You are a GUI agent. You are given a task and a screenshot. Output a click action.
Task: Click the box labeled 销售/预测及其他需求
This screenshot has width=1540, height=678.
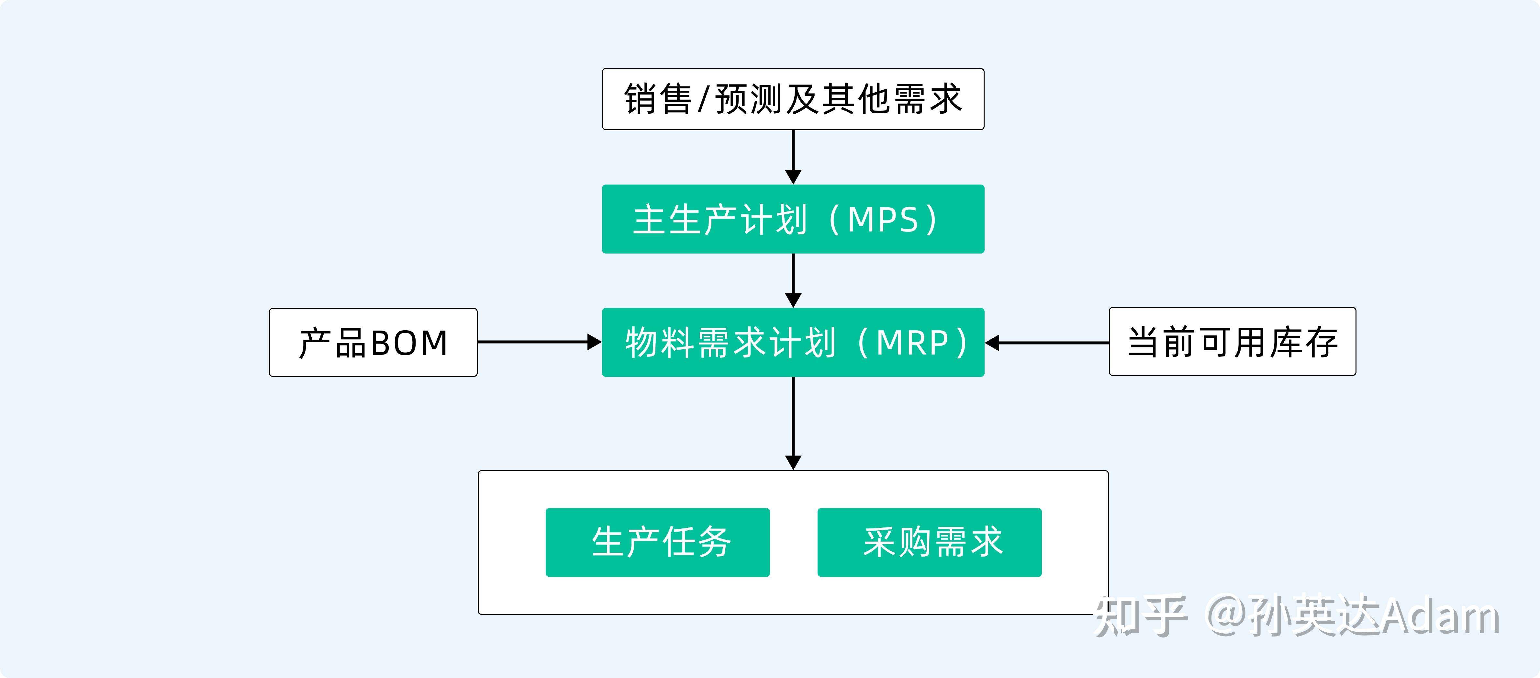point(793,99)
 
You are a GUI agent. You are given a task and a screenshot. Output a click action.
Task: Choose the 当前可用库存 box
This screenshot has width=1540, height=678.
point(1232,342)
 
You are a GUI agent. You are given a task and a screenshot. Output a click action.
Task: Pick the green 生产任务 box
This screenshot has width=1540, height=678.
point(658,542)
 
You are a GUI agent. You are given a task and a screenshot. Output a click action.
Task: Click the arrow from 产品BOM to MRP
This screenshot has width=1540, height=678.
point(538,342)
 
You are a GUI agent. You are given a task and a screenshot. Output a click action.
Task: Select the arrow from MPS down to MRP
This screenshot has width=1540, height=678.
point(793,280)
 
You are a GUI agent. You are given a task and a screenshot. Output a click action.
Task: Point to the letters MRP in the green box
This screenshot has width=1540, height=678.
point(912,343)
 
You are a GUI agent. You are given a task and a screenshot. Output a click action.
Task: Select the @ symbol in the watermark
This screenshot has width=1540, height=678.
point(1227,616)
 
